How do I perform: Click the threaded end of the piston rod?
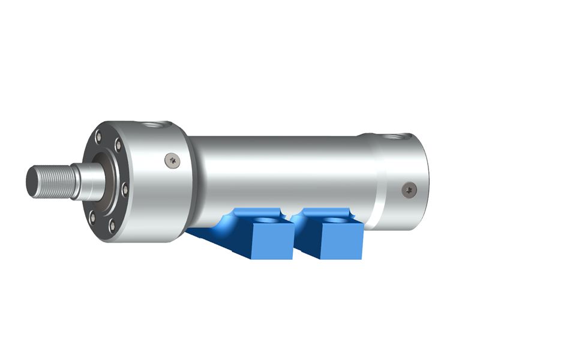tap(53, 178)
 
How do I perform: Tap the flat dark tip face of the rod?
tap(30, 179)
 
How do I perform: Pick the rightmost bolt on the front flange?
tap(125, 190)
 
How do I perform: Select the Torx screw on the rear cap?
tap(409, 189)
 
